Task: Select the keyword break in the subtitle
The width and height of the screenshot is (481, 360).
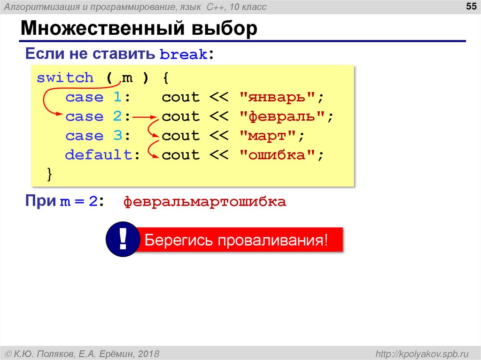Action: point(184,55)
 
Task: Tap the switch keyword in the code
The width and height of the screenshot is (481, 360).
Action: point(65,78)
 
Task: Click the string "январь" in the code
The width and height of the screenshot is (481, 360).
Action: point(277,98)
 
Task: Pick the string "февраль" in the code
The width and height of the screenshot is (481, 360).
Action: point(281,117)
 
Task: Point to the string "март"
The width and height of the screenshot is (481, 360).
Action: point(267,136)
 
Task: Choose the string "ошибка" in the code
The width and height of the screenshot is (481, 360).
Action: point(277,155)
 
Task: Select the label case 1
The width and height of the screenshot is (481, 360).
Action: point(98,98)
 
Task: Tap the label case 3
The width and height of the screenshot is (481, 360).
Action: point(98,136)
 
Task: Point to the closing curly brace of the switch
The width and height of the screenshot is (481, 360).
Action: point(50,174)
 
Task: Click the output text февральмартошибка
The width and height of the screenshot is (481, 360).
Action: point(204,202)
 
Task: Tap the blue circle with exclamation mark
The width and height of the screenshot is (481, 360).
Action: point(123,240)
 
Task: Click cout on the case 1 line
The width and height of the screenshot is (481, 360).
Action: point(181,98)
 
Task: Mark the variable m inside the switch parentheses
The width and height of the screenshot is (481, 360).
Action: point(127,78)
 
